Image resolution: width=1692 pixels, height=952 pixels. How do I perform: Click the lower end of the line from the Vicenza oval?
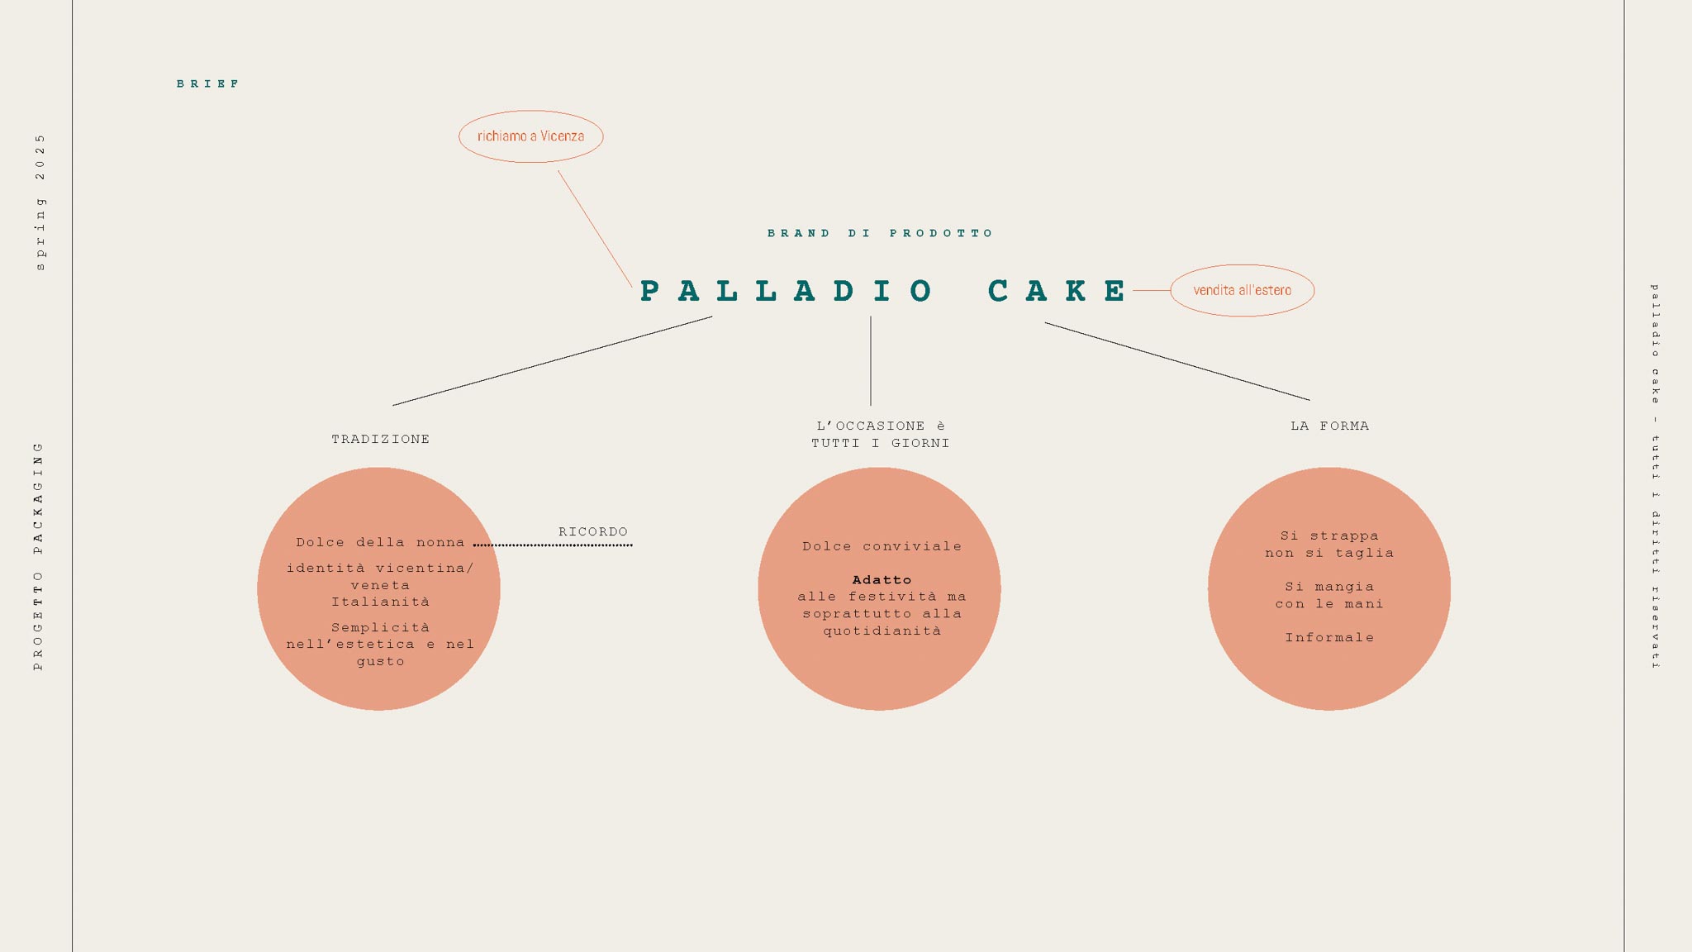pos(632,287)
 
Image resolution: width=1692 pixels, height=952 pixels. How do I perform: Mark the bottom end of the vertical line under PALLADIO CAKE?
pos(871,405)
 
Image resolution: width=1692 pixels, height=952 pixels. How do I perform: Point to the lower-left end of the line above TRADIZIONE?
pos(393,405)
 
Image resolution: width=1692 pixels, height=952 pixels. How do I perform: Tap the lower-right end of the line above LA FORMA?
pos(1309,400)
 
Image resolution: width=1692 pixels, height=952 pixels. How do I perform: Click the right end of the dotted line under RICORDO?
pos(632,545)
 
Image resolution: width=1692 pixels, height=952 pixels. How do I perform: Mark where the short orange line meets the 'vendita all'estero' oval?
pos(1171,291)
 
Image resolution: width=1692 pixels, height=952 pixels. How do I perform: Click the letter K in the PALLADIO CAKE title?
pos(1076,291)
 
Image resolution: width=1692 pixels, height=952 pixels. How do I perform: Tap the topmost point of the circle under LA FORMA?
pos(1329,468)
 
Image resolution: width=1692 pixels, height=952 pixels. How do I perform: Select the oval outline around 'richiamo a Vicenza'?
pos(531,111)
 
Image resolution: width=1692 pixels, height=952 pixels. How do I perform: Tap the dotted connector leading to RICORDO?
pos(553,545)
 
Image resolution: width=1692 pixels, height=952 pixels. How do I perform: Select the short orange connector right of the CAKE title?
pos(1151,291)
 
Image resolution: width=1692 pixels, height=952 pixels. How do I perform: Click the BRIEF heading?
pos(208,83)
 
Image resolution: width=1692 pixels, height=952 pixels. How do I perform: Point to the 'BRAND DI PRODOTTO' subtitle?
pos(880,233)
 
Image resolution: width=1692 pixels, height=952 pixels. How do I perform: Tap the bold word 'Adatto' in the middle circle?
pos(882,580)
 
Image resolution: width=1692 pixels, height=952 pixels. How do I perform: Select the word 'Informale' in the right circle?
pos(1329,637)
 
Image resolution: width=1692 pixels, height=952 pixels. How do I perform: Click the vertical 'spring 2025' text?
pos(40,202)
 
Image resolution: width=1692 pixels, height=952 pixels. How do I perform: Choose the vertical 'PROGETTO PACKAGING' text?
pos(38,556)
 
